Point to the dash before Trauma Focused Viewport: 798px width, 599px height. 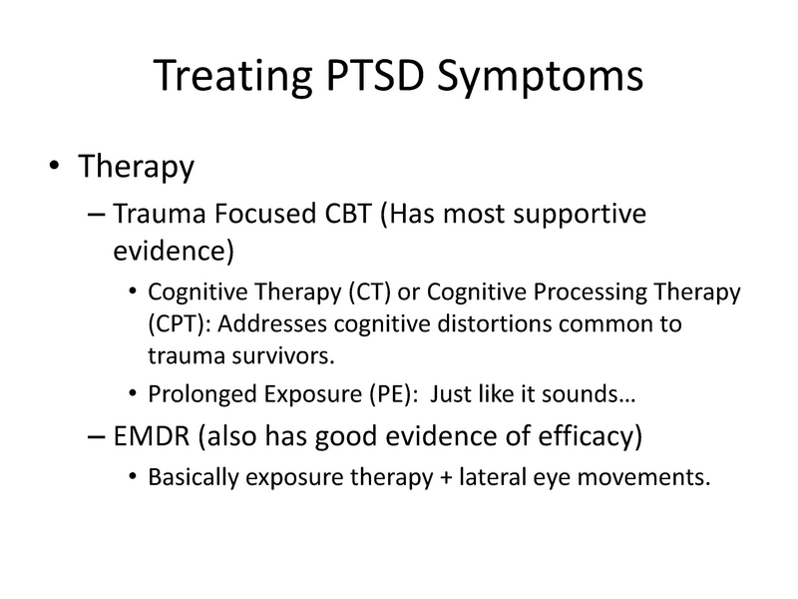pyautogui.click(x=96, y=213)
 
